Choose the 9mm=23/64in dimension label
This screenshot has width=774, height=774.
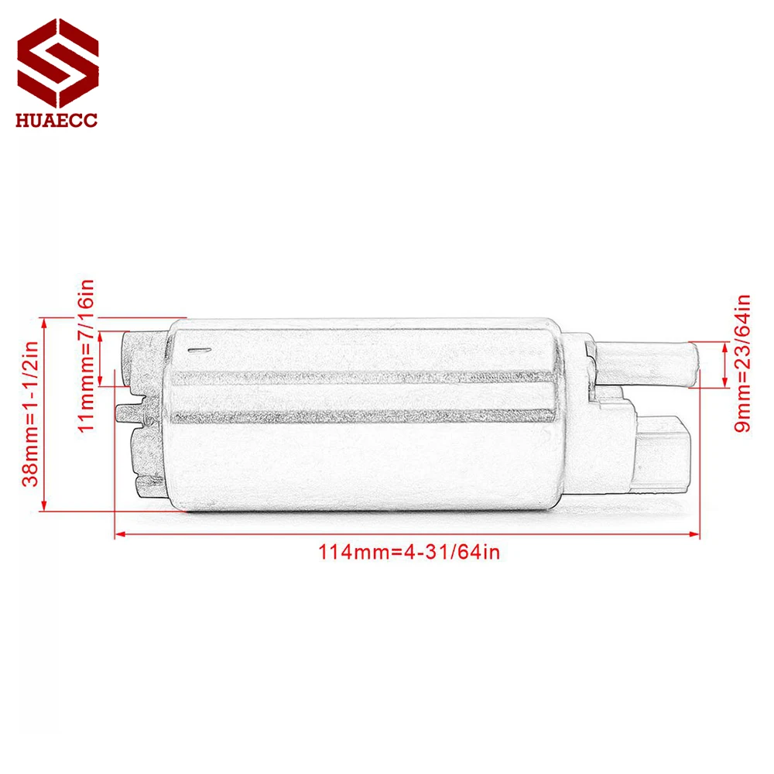pos(743,363)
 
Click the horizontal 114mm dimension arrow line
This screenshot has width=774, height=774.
pos(406,533)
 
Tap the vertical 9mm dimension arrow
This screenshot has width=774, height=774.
pos(723,363)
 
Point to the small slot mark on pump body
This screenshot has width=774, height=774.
pos(198,351)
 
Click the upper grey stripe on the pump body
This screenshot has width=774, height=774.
pos(364,378)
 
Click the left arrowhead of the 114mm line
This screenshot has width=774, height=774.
pos(118,533)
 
